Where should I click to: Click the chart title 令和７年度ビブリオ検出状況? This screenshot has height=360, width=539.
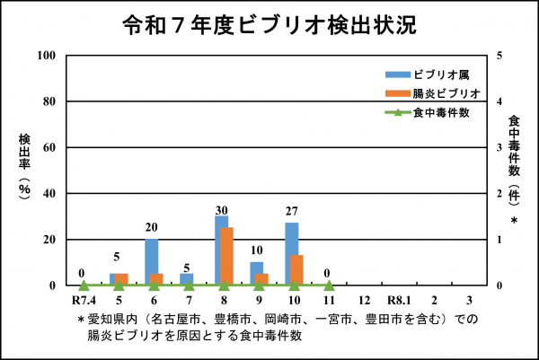[x=269, y=25]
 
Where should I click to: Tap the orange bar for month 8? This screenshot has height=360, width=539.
[x=227, y=256]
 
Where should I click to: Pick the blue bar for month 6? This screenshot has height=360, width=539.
[x=151, y=261]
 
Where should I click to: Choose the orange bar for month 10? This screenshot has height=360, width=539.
[x=297, y=269]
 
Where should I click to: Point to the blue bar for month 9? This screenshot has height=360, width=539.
[x=256, y=273]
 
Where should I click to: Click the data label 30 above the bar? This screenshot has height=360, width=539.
[x=222, y=210]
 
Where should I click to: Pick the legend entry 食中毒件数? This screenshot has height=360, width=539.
[x=440, y=112]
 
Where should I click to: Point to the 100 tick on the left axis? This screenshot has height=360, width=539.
[x=49, y=56]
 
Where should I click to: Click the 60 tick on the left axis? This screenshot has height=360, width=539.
[x=51, y=147]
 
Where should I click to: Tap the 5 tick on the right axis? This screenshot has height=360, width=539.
[x=486, y=56]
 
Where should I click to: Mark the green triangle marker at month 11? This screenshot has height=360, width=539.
[x=328, y=285]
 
